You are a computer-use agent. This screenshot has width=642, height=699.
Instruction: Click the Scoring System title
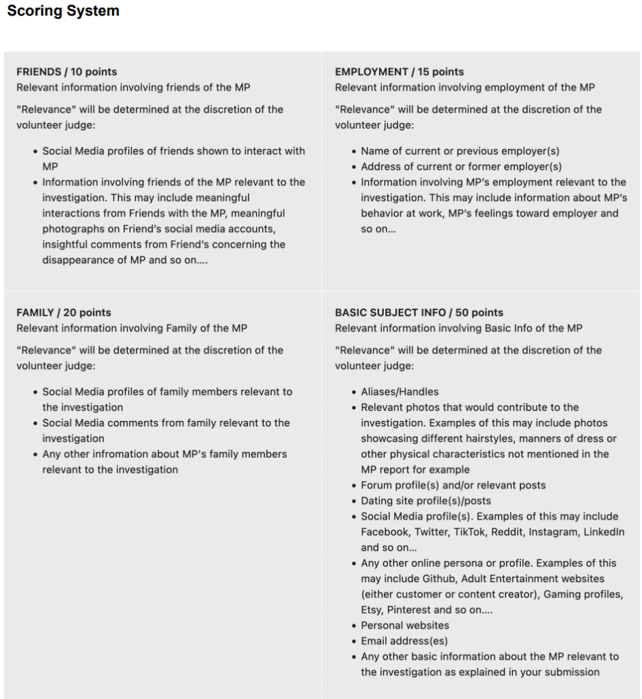(x=63, y=12)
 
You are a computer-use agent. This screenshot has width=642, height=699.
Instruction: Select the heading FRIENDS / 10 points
(x=67, y=72)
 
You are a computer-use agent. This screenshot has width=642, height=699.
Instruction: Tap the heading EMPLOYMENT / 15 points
(x=399, y=72)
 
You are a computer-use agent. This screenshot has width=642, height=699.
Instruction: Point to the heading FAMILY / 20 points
(x=64, y=312)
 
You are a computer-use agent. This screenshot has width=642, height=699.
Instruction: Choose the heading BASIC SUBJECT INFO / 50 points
(x=419, y=312)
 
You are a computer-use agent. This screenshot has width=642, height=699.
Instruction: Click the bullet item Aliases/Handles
(x=400, y=392)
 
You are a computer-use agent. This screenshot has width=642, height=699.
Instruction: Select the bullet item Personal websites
(x=405, y=625)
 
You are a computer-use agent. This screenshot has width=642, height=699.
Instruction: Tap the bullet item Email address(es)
(x=404, y=641)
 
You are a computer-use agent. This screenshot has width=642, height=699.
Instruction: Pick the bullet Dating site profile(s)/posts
(x=425, y=501)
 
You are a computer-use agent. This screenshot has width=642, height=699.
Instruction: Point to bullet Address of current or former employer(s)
(x=461, y=167)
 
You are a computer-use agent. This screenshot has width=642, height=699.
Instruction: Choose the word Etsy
(x=372, y=610)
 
